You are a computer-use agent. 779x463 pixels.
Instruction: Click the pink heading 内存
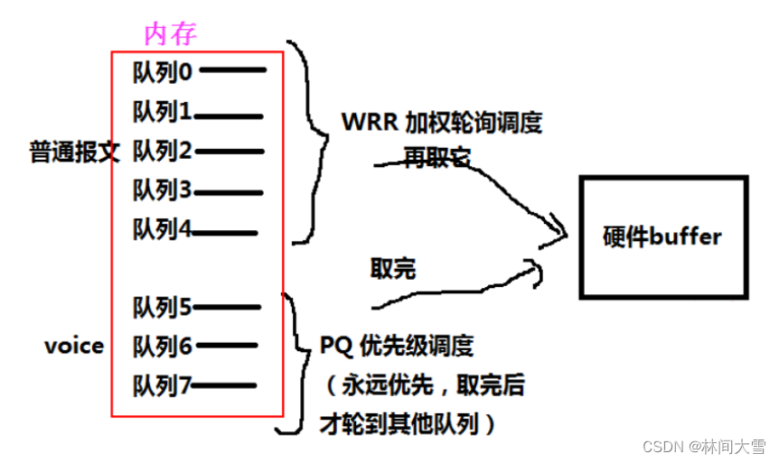[x=170, y=33]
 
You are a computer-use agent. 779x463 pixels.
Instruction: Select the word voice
[x=73, y=346]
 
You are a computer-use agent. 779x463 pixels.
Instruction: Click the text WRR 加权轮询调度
[x=442, y=122]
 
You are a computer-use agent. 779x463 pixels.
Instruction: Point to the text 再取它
[x=436, y=157]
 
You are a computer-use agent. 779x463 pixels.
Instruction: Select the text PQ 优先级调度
[x=397, y=346]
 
